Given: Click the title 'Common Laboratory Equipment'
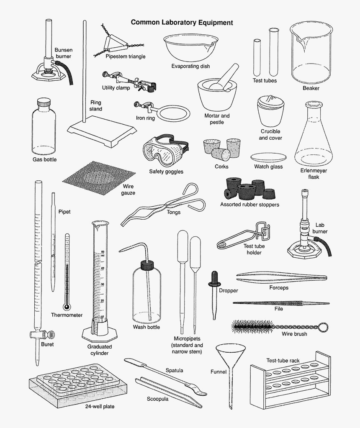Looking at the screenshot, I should tap(182, 22).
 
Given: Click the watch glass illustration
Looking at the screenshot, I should tap(269, 158).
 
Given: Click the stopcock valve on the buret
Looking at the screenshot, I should tap(39, 334).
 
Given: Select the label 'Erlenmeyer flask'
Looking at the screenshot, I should tap(314, 174).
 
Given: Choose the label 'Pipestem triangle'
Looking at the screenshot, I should tap(126, 56).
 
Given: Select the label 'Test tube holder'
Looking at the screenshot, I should tap(254, 249).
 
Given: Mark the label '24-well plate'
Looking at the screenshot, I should tap(100, 406).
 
